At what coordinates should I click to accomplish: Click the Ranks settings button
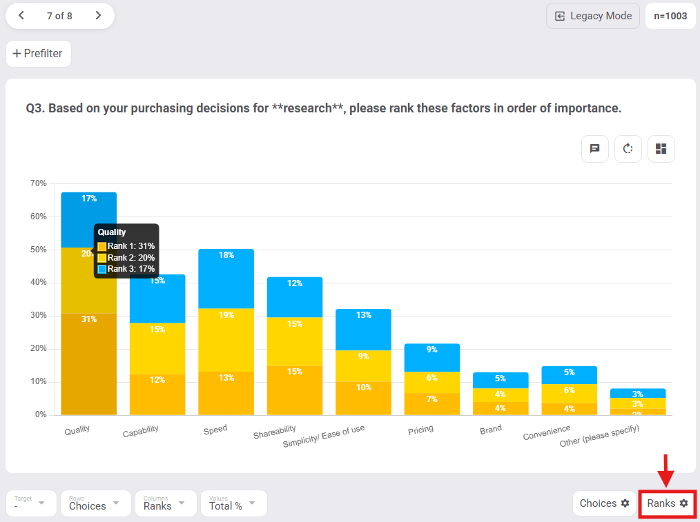667,503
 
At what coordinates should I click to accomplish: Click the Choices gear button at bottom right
604,503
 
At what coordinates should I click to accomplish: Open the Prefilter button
38,54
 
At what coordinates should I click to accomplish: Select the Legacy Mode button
593,16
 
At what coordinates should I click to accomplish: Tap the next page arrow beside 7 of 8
98,15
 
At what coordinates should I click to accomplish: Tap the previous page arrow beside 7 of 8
21,15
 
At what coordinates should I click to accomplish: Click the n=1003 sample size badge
670,16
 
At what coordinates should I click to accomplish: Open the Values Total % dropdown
233,503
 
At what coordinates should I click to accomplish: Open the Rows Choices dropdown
95,503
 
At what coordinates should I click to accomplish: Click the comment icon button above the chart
594,149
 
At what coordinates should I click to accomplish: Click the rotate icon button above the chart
628,149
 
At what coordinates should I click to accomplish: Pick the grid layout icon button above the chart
661,149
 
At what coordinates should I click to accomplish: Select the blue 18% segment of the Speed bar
226,278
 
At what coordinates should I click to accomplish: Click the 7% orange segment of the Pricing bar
431,403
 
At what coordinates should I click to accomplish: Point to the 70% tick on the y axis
39,183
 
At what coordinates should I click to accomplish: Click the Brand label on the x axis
490,430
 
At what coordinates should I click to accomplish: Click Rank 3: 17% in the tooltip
130,269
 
